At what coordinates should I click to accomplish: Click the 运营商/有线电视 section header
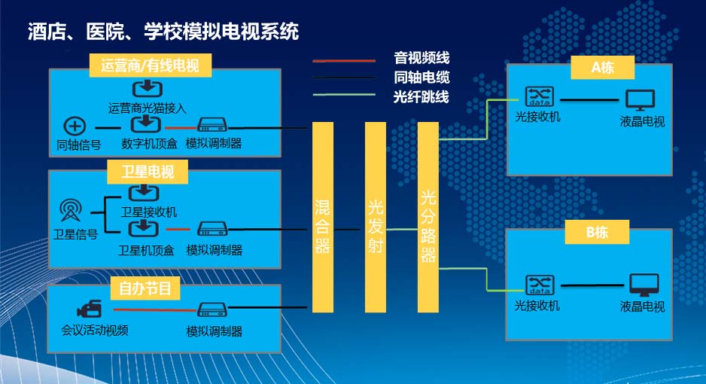[149, 66]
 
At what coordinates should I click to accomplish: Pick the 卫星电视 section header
[148, 172]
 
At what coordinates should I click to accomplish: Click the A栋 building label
[602, 67]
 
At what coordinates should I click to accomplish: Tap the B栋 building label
[597, 233]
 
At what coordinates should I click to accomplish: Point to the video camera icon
[88, 309]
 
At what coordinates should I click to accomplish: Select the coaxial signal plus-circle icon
[76, 126]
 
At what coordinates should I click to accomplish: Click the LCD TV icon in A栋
[641, 99]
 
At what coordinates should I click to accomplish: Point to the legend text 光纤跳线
[421, 96]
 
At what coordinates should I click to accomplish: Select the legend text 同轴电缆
[421, 77]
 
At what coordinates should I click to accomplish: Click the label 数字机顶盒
[148, 143]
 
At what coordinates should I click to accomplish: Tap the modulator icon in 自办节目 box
[212, 309]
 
